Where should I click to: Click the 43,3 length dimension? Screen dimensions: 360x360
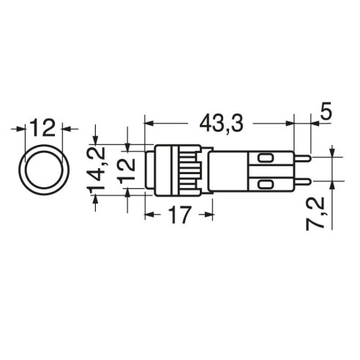pos(221,123)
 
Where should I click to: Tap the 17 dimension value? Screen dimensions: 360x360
pos(180,214)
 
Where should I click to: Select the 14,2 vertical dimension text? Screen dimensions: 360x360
pos(96,169)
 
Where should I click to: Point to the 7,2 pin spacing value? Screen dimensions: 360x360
pos(315,214)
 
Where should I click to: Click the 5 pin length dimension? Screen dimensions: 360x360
pos(325,111)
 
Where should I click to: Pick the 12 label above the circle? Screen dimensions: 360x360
pos(43,127)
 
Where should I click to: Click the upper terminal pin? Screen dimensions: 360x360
pos(302,158)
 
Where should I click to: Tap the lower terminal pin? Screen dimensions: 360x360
pos(302,181)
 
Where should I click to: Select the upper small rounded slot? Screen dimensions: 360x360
pos(266,158)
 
